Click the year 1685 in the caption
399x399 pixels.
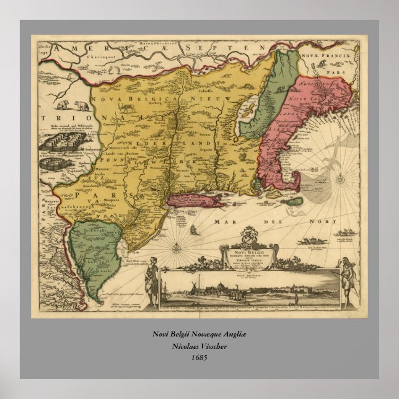tap(199, 357)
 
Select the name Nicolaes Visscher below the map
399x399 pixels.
tap(199, 346)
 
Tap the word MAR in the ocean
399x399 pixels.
tap(220, 221)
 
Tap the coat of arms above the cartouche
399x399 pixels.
tap(248, 236)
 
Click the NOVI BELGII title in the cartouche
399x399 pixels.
tap(249, 252)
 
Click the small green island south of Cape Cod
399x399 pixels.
tap(296, 201)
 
